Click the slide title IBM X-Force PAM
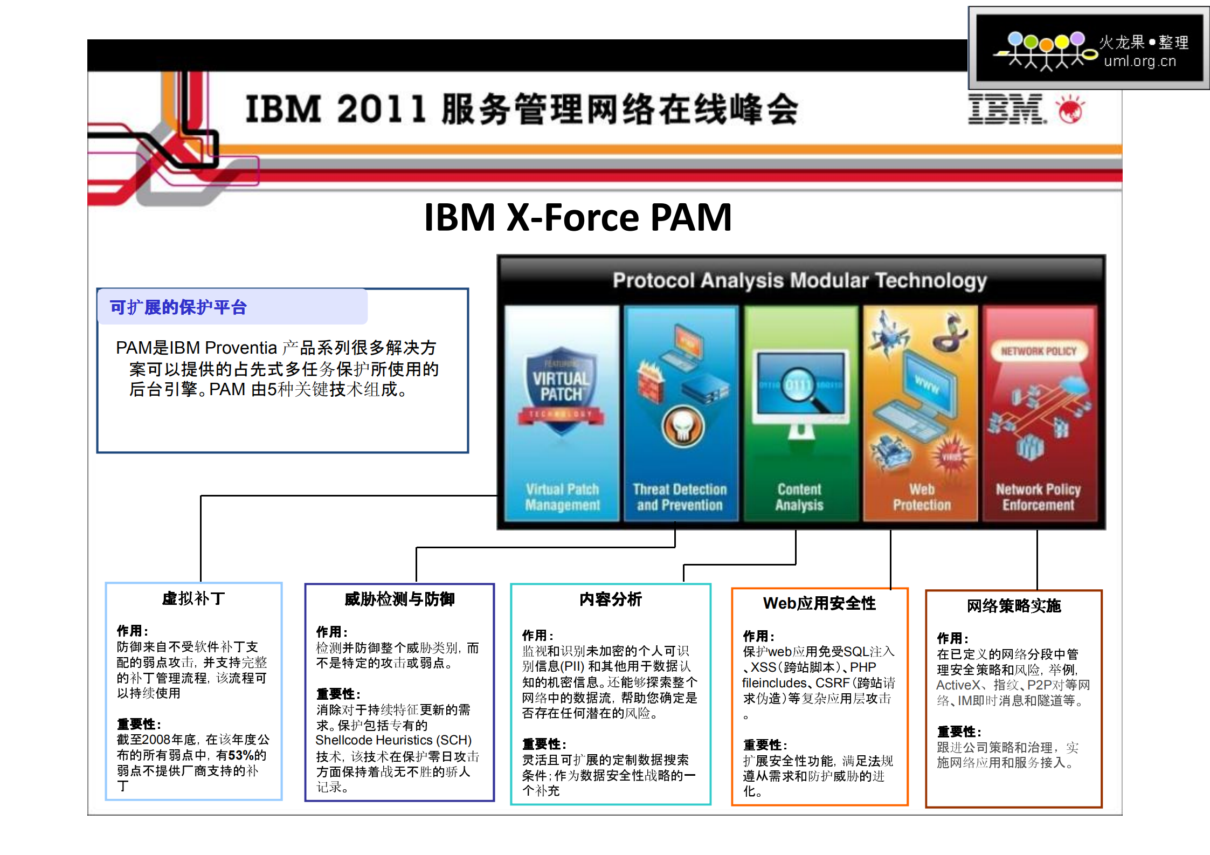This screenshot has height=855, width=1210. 577,217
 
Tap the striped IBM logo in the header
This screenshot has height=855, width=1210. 1006,109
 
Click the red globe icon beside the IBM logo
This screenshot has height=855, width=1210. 1070,110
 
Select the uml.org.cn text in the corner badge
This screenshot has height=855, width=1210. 1139,61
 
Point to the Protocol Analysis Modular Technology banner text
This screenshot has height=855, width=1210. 799,280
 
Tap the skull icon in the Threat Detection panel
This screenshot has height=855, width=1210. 683,426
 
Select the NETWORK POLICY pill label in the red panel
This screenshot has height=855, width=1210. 1038,351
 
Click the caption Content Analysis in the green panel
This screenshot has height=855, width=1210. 799,497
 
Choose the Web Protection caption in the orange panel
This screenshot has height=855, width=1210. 922,497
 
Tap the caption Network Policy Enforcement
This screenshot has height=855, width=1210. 1038,497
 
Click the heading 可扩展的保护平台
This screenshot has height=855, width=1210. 178,307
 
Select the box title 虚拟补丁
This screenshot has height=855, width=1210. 193,598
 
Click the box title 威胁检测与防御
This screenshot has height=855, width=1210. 399,599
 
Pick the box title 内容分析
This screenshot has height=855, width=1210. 610,599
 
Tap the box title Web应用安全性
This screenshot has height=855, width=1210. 819,603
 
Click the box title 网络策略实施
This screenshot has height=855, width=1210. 1013,606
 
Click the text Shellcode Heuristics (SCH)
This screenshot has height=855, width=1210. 393,740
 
